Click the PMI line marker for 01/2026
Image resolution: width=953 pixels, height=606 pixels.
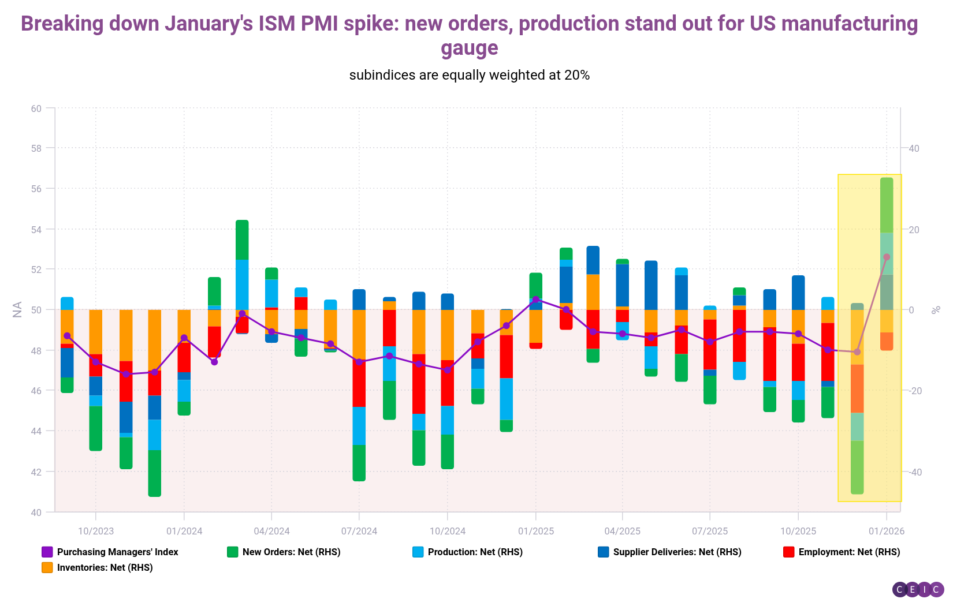click(887, 257)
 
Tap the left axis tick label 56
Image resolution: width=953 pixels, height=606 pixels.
click(36, 189)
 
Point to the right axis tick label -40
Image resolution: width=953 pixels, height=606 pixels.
click(914, 472)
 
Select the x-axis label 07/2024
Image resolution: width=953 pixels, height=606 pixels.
click(359, 531)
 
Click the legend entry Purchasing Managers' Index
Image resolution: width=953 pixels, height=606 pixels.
click(110, 552)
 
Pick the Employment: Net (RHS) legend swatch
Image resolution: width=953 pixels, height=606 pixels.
click(788, 552)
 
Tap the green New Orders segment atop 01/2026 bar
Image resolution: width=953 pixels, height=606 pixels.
click(887, 205)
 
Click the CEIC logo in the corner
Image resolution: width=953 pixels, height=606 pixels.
click(918, 589)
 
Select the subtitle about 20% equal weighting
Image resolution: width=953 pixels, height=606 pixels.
click(469, 75)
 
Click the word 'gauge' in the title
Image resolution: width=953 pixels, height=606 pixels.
click(469, 48)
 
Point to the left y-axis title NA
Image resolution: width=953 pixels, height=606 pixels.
click(17, 309)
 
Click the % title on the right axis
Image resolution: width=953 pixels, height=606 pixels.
click(936, 309)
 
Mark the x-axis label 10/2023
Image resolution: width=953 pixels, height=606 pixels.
click(96, 531)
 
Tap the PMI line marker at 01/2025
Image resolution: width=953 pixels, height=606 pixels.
click(535, 300)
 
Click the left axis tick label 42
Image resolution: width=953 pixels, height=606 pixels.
click(36, 472)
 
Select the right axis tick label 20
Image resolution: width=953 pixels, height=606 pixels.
click(914, 230)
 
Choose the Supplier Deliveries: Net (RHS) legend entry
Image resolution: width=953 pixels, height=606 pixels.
click(670, 552)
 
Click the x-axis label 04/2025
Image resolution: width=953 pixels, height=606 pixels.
click(622, 531)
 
